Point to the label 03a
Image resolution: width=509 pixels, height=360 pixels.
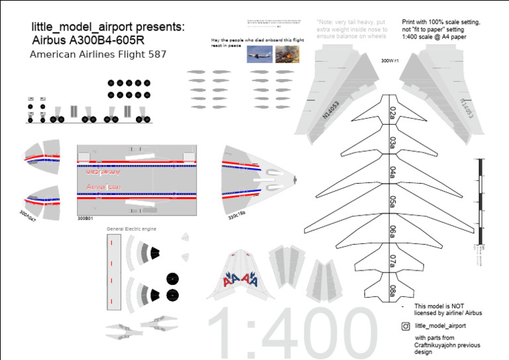[393, 143]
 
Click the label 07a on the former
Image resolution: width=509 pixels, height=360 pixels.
[393, 260]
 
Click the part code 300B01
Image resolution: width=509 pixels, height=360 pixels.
[85, 217]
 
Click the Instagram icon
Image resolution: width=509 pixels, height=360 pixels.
[406, 326]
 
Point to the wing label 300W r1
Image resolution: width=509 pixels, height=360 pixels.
[390, 60]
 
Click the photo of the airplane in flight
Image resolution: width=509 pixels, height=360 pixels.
[258, 54]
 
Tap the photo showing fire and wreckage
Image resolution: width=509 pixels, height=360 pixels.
[287, 54]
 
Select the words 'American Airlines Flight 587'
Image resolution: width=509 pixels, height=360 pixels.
[97, 54]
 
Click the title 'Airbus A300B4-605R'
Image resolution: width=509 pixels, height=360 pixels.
[92, 40]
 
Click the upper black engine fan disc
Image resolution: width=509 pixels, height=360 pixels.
[172, 278]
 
